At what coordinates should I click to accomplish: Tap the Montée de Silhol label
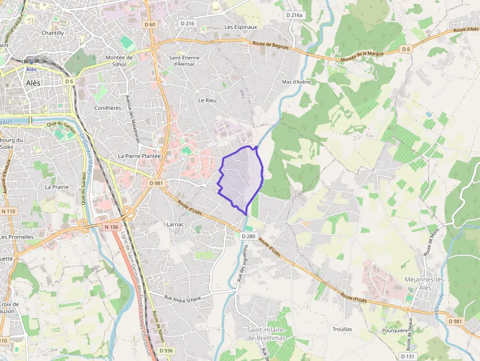click(x=119, y=61)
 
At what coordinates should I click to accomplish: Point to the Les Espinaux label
click(x=240, y=27)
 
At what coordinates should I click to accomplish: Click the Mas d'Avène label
click(x=296, y=82)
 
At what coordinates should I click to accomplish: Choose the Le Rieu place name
click(x=207, y=100)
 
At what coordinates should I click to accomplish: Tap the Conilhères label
click(x=107, y=108)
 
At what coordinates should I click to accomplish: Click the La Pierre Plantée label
click(x=139, y=156)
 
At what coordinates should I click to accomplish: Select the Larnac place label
click(x=175, y=224)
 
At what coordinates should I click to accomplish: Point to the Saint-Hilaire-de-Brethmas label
click(x=266, y=334)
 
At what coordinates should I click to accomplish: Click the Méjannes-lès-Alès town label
click(x=425, y=283)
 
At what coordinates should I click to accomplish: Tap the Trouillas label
click(x=342, y=329)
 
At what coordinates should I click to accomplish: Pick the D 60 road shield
click(x=150, y=24)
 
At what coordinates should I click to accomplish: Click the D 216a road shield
click(x=295, y=15)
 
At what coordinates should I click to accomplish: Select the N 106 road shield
click(x=112, y=227)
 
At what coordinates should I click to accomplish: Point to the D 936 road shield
click(x=166, y=350)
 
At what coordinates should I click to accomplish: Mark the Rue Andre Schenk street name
click(x=183, y=298)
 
